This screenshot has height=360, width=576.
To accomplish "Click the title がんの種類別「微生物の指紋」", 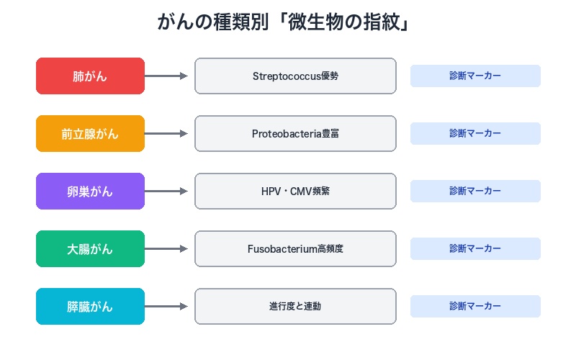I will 287,22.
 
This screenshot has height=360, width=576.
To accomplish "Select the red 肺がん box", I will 90,76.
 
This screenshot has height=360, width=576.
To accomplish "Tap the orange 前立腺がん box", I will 90,134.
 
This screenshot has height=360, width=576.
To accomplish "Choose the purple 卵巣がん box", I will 90,192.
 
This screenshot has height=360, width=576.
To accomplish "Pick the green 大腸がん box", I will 90,249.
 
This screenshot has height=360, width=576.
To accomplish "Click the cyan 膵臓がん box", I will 90,307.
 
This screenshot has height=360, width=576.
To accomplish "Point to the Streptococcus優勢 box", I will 295,76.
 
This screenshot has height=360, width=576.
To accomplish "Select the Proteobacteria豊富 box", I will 295,134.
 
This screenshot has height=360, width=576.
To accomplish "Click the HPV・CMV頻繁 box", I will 295,192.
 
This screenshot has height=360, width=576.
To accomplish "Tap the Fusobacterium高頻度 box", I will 295,249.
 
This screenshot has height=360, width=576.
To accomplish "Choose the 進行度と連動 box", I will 295,307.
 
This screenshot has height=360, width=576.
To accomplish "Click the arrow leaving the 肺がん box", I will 167,76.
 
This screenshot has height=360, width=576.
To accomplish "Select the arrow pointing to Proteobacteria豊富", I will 167,134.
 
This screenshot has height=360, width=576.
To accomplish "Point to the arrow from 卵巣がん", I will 167,192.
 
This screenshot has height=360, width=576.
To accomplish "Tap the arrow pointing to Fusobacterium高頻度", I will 167,249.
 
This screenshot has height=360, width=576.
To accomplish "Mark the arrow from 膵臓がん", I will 167,307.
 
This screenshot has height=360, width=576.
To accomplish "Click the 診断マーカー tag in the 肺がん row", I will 475,76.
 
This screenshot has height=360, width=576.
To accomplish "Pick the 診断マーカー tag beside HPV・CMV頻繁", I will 475,192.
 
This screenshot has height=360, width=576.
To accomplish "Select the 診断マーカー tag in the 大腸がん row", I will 475,249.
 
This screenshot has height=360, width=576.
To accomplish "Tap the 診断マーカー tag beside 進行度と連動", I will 475,307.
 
